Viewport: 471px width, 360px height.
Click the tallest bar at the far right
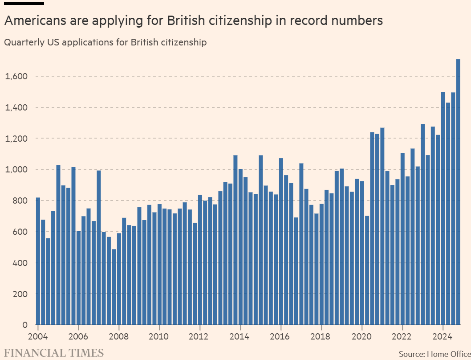coord(458,192)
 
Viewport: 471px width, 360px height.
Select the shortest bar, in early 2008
coord(114,287)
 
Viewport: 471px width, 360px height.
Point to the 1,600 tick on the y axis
coord(16,77)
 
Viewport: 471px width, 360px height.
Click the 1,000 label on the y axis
coord(16,170)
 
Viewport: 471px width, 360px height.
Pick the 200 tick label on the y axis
coord(20,294)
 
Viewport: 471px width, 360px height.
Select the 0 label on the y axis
coord(25,325)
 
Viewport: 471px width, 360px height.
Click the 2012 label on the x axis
coord(200,336)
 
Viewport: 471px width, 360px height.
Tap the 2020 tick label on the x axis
coord(362,336)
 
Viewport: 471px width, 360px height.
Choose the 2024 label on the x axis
coord(443,336)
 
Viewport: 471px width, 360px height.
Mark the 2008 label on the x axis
coord(119,336)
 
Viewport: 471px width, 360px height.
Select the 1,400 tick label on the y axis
coord(16,108)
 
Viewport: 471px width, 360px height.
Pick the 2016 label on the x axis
coord(281,336)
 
